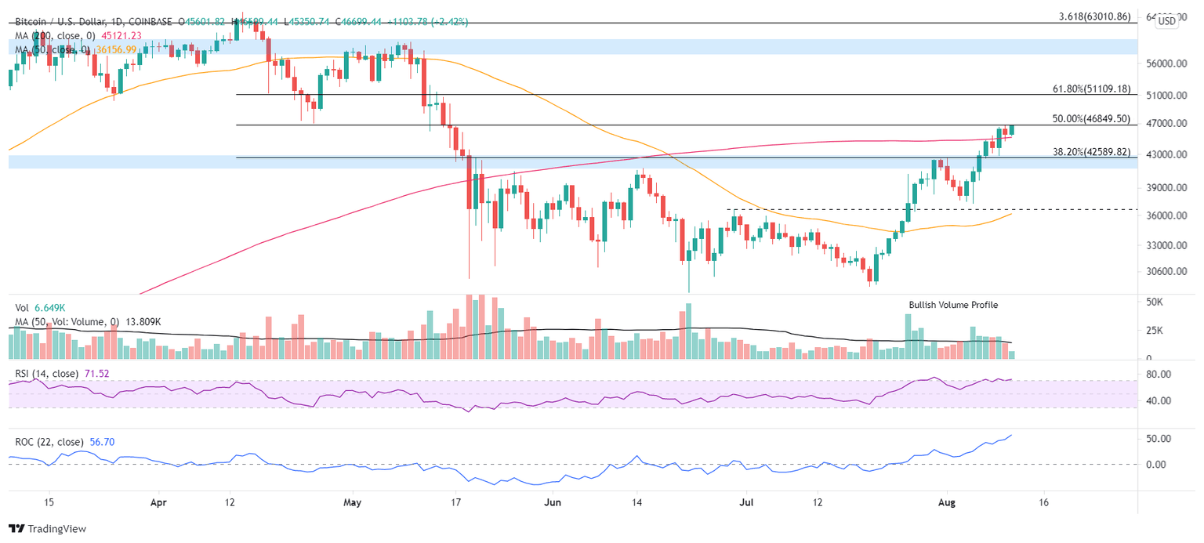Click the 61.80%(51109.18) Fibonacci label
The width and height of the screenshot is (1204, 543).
[1090, 89]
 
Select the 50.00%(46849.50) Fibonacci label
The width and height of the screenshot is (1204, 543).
[1090, 119]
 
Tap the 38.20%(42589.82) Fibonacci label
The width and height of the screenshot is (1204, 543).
[1090, 152]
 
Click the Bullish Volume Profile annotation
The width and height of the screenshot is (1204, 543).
[953, 305]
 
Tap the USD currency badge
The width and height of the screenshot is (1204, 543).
[1167, 21]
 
